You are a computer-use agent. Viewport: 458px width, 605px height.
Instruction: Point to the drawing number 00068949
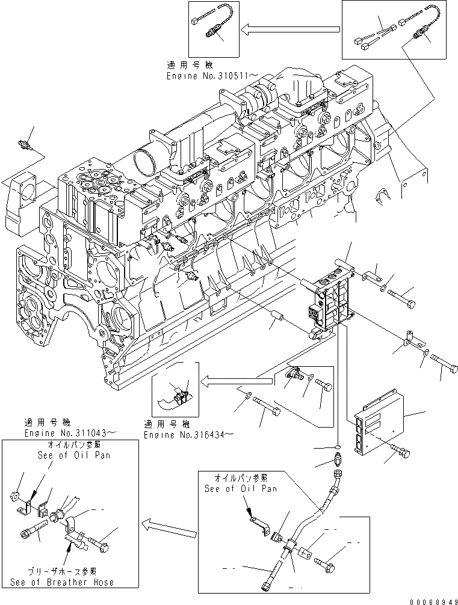(430, 600)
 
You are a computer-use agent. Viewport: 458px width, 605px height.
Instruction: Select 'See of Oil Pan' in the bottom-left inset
(69, 455)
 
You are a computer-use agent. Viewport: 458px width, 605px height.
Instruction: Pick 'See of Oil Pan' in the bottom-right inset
(241, 488)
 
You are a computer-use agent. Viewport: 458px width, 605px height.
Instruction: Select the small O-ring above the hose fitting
(339, 447)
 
